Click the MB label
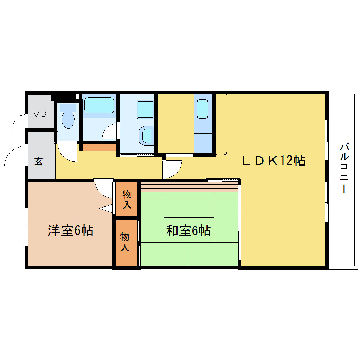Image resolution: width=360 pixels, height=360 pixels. (x=40, y=114)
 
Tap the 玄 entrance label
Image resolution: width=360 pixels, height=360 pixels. (x=38, y=161)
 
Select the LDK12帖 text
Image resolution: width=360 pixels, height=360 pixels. (x=274, y=161)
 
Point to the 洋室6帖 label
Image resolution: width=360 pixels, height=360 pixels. (x=71, y=230)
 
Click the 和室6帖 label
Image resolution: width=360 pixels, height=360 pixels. (x=188, y=230)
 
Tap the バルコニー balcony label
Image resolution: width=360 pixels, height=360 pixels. (x=344, y=168)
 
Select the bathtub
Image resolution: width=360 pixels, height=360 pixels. (x=99, y=106)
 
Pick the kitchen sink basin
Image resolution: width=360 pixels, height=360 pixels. (x=202, y=109)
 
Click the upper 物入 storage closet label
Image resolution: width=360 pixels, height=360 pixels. (x=127, y=199)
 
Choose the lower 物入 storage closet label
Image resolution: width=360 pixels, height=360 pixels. (x=125, y=242)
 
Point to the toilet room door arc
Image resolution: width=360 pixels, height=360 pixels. (x=63, y=156)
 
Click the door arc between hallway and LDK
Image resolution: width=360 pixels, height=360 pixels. (x=177, y=172)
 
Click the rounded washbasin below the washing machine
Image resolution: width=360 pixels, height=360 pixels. (x=146, y=136)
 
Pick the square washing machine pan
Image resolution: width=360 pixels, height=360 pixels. (x=145, y=109)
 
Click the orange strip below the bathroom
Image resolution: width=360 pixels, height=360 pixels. (x=100, y=148)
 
